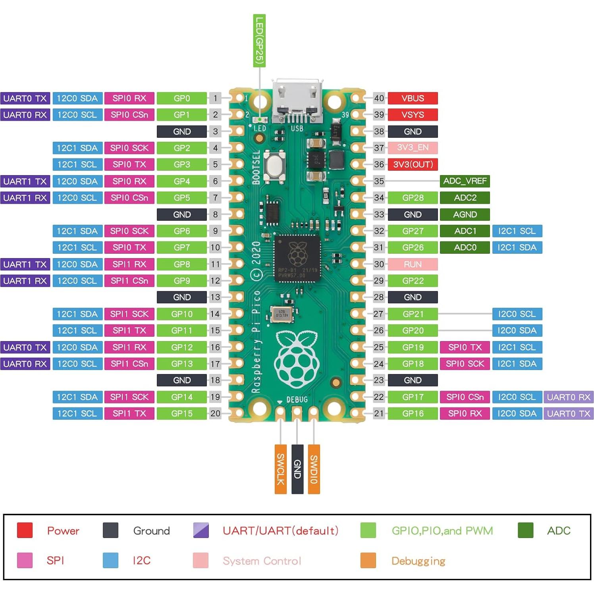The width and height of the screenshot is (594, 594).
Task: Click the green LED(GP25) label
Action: [x=259, y=40]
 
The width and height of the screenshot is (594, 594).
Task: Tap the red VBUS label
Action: [x=413, y=98]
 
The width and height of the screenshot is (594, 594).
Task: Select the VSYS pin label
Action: [x=413, y=115]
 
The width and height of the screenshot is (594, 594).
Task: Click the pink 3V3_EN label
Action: [x=413, y=148]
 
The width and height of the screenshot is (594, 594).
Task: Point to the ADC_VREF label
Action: [x=465, y=181]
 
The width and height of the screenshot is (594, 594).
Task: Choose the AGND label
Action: [x=465, y=214]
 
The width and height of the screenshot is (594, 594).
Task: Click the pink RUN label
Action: [x=413, y=264]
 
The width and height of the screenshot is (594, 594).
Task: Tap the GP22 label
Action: [x=413, y=281]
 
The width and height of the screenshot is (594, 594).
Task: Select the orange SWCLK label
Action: [x=280, y=469]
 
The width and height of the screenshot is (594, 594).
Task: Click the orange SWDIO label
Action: [x=314, y=469]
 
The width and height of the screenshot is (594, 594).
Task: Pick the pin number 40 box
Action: [x=379, y=98]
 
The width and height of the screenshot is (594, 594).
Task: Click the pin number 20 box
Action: [x=215, y=413]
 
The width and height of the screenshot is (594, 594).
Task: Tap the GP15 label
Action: [x=182, y=413]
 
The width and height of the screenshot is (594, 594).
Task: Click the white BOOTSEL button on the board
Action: [x=274, y=166]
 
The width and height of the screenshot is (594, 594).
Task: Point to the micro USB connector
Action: [x=297, y=101]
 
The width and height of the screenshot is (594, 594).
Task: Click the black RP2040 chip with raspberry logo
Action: [x=297, y=258]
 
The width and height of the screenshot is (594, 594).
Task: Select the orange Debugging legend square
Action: [x=368, y=560]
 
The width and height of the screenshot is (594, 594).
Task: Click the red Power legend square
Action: [x=25, y=530]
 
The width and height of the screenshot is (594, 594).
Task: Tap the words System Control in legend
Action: [x=262, y=561]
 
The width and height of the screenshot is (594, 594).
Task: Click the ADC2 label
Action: [x=465, y=198]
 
